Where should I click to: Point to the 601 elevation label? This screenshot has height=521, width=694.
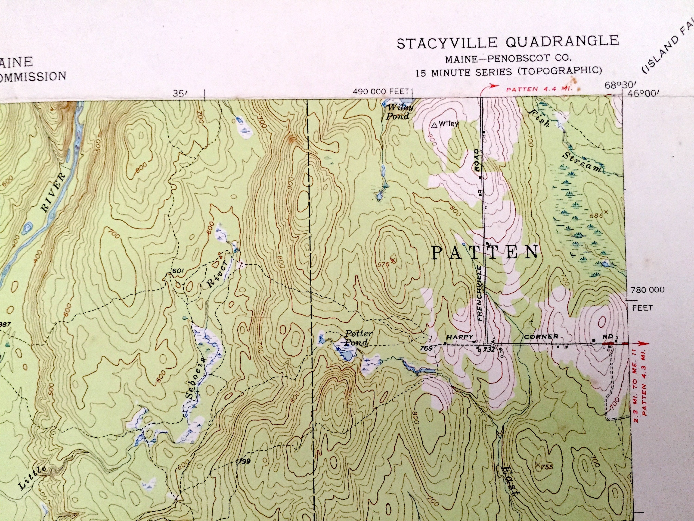point(178,271)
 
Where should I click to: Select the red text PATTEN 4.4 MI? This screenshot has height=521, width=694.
point(539,89)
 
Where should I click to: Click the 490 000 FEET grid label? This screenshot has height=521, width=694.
point(381,92)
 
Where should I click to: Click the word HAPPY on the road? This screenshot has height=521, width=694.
point(460,337)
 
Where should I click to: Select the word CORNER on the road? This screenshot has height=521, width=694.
point(541,336)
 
